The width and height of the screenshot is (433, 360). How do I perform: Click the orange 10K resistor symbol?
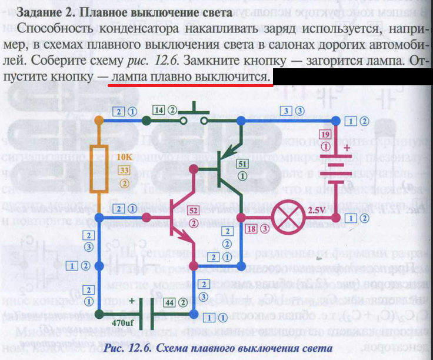(99, 170)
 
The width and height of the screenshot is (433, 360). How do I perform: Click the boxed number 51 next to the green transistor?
(242, 163)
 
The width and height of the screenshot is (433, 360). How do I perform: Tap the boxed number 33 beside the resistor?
(124, 170)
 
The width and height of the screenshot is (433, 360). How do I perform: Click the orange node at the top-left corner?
(99, 120)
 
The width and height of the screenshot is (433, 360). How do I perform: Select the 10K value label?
(125, 158)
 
